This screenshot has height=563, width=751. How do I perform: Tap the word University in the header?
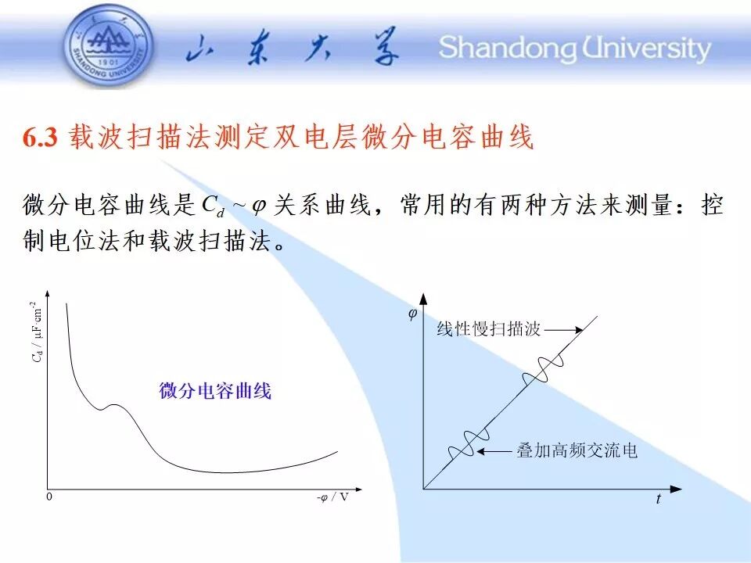646,49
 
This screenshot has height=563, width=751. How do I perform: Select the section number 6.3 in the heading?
40,138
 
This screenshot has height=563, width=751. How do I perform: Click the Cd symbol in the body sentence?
213,206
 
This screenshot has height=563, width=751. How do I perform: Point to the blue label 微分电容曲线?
215,391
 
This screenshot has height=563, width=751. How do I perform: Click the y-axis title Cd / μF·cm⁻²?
37,332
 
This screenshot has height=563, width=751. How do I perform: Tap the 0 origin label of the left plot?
49,497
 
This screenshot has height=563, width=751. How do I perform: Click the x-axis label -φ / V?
332,497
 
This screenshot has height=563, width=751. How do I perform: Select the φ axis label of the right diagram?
412,314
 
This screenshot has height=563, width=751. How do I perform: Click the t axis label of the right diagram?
659,499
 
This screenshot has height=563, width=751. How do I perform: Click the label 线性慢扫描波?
488,329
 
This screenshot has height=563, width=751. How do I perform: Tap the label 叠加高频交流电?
577,450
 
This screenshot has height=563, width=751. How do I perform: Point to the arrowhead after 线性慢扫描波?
579,330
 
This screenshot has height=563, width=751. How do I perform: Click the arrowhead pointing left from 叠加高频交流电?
481,451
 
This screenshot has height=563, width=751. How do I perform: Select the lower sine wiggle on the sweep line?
469,443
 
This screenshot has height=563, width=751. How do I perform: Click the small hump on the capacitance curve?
115,405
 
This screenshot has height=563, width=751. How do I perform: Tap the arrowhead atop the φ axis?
423,299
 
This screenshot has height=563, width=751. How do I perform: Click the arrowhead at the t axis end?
676,489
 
